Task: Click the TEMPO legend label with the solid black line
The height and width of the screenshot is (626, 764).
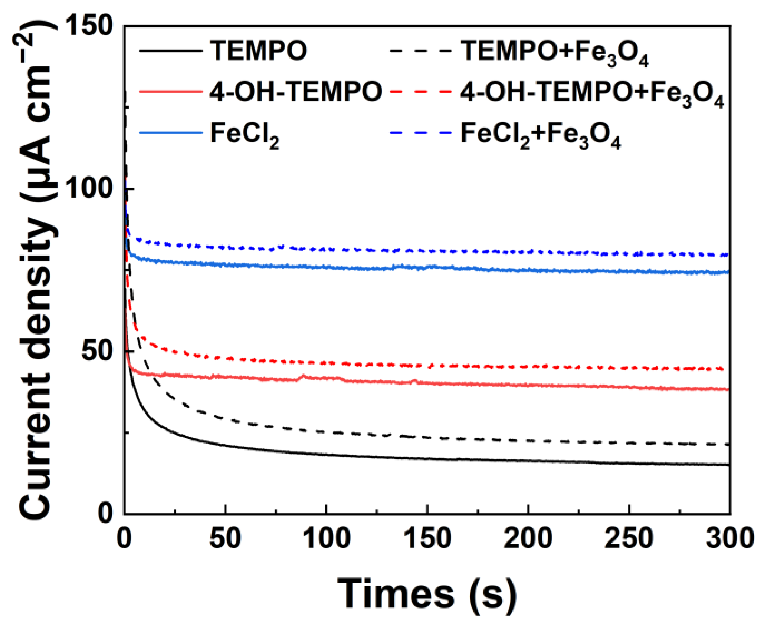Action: (259, 50)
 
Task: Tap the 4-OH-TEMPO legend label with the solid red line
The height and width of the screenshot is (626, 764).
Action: (296, 92)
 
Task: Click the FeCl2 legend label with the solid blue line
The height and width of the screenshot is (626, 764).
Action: (245, 134)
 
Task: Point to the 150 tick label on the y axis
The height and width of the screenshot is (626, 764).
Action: (89, 26)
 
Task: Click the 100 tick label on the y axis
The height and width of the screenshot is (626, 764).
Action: (89, 188)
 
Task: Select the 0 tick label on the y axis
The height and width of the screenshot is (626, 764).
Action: (105, 513)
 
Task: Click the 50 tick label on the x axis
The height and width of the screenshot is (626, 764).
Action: (225, 538)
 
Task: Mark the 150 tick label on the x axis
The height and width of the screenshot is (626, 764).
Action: (427, 538)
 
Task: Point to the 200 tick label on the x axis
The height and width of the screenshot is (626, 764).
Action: (528, 538)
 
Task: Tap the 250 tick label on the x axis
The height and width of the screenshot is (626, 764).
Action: (629, 538)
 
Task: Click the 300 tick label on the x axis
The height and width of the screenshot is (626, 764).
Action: (729, 538)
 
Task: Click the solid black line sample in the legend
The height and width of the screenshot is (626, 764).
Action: (171, 50)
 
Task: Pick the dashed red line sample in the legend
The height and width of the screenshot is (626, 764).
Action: (421, 91)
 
